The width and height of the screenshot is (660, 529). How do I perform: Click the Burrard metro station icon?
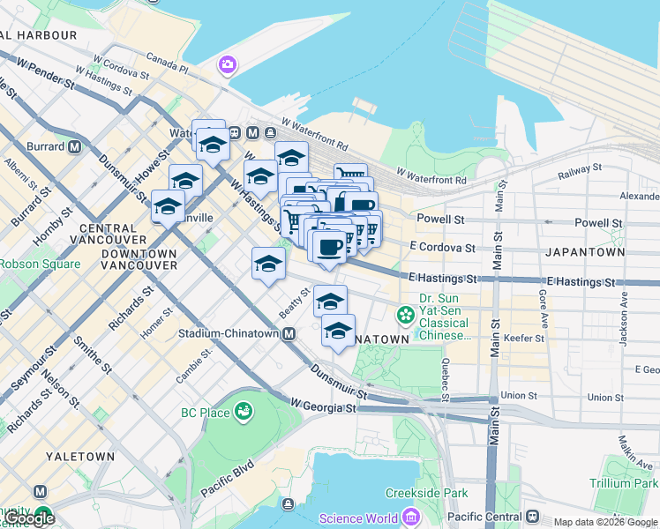74,146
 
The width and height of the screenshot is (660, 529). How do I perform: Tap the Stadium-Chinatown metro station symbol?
289,334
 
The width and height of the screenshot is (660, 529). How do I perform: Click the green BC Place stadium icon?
243,412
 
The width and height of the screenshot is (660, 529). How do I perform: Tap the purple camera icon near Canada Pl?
228,64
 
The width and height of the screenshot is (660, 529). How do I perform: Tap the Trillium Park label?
625,483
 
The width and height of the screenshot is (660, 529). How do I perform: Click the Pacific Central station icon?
532,515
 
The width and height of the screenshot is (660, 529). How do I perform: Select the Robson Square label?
39,264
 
